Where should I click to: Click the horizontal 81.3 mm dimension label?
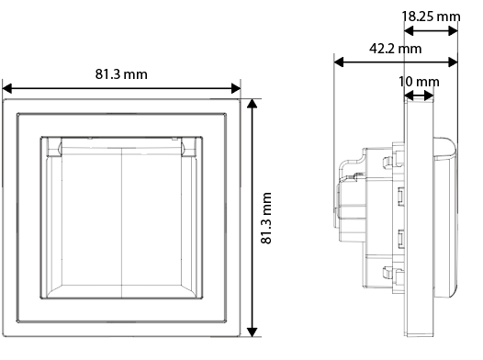pos(121,74)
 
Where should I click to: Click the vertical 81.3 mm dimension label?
pos(266,218)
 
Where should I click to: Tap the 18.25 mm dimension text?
pos(432,17)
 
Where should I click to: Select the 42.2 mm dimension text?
pos(396,49)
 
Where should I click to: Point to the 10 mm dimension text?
pos(419,82)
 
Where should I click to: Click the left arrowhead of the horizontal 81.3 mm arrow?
pos(6,88)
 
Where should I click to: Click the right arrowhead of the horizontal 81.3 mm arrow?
pos(236,88)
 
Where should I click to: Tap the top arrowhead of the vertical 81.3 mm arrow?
pos(253,104)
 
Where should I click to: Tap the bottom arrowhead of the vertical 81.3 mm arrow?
pos(253,332)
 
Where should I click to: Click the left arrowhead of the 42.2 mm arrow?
pos(339,62)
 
